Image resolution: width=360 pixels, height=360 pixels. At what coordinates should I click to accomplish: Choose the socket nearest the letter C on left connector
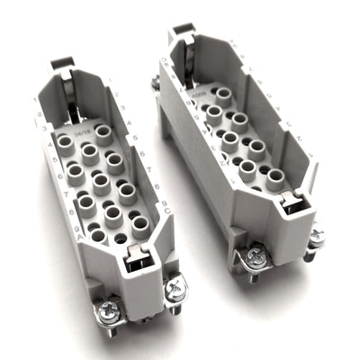pos(139,221)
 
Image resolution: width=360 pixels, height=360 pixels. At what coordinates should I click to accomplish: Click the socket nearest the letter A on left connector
pos(96,236)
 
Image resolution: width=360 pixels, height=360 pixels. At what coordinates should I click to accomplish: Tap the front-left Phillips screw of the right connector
pos(254,257)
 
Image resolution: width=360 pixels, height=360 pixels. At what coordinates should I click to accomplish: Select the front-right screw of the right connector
pos(316,236)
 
